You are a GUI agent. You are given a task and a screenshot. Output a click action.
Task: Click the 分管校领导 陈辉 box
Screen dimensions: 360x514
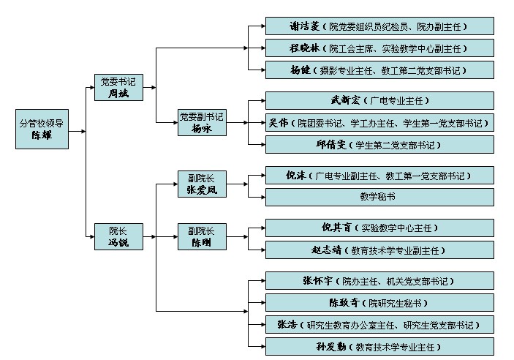pos(41,130)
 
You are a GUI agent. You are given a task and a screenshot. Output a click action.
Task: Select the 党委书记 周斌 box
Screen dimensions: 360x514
pos(118,87)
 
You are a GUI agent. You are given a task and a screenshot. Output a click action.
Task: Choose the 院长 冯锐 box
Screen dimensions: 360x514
pos(118,236)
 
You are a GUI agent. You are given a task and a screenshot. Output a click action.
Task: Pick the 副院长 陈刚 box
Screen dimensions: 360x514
pos(202,236)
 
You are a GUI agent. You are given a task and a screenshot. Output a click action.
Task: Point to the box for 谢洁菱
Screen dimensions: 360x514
pos(379,26)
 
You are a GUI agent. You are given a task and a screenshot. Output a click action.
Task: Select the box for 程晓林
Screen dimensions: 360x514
pos(379,48)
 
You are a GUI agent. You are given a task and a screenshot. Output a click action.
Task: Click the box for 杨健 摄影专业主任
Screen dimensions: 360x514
pos(379,70)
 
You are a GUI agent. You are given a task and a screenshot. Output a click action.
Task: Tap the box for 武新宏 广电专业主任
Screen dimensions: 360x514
pos(379,100)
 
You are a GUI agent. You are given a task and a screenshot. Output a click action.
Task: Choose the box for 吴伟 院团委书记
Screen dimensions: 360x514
pos(379,122)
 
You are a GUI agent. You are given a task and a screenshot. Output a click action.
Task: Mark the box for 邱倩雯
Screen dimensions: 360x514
pos(379,144)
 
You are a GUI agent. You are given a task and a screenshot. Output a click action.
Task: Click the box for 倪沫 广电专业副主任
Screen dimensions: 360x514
pos(379,176)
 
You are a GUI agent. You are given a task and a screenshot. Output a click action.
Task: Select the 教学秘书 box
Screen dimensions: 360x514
pos(379,196)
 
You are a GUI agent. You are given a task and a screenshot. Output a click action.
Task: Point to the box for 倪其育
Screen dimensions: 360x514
pos(379,228)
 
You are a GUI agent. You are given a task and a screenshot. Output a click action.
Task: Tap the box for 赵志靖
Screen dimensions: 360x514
pos(379,250)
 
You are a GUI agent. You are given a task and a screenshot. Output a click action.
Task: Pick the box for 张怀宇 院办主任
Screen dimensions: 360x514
pos(379,280)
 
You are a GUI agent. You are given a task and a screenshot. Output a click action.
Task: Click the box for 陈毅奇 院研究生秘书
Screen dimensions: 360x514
pos(379,302)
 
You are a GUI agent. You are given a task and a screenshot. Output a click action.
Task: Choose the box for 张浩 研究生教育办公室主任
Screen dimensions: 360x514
pos(379,324)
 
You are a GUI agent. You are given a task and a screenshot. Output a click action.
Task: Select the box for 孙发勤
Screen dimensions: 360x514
pos(379,346)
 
